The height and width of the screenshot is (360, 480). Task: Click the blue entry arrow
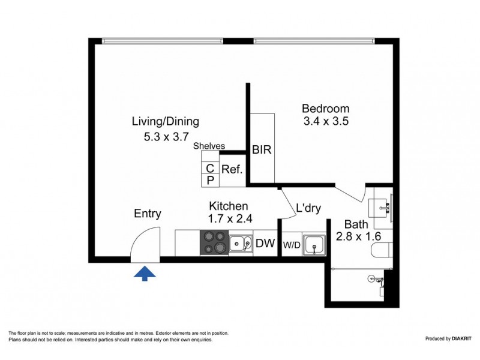tap(144, 274)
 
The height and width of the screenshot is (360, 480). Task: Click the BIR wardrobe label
tap(262, 150)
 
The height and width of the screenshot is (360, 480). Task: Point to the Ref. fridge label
tap(232, 170)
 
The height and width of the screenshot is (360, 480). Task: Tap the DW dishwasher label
tap(265, 244)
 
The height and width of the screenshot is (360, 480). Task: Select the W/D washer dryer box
tap(292, 245)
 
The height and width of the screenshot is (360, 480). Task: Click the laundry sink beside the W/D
tap(314, 244)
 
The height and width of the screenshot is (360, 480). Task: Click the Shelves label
tap(209, 146)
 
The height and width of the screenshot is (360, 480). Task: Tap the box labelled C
tap(210, 169)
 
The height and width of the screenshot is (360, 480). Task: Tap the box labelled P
tap(210, 180)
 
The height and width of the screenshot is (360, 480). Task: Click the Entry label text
tap(147, 214)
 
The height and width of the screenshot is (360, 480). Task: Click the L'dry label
tap(308, 209)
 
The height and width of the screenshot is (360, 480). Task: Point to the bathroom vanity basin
tap(381, 208)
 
